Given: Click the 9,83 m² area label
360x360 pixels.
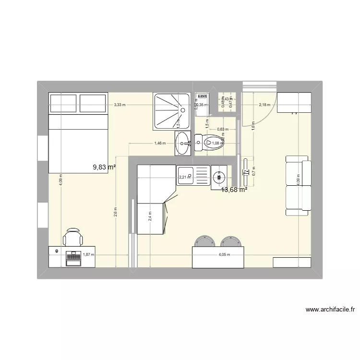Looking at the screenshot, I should [x=105, y=167].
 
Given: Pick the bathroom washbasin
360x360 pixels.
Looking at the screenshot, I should [x=183, y=143].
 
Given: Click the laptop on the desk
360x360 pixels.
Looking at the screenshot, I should [x=73, y=258].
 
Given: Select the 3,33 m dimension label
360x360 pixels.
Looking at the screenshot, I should [x=120, y=105].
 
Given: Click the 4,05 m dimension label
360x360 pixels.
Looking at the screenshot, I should [x=224, y=255].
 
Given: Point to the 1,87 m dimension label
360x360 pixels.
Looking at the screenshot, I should [x=89, y=255].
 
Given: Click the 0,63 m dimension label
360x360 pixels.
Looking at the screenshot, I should [x=222, y=129].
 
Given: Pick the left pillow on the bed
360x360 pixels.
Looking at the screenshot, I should [x=63, y=104].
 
